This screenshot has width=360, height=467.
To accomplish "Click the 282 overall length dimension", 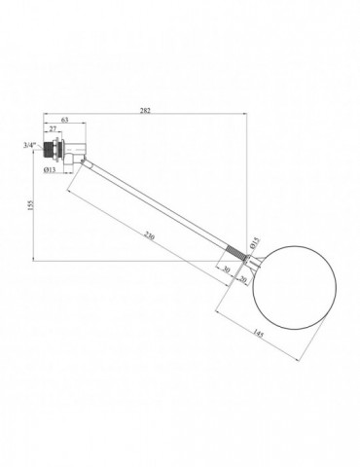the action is [x=145, y=110].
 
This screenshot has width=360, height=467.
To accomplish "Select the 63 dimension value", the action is [x=65, y=120].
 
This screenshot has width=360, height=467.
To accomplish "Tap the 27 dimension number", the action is [x=53, y=128].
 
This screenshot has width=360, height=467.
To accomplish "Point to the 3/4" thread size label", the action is [x=29, y=145].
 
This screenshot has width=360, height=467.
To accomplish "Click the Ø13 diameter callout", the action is [x=50, y=169].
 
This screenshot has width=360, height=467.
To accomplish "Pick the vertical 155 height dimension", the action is [x=31, y=205].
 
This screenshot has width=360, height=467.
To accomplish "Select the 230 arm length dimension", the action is [x=150, y=235].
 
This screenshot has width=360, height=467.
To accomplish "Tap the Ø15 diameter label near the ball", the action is [x=255, y=242].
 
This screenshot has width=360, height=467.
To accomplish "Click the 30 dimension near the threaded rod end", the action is [x=226, y=269].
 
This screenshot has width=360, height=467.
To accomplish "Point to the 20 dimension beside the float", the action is [x=243, y=278].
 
